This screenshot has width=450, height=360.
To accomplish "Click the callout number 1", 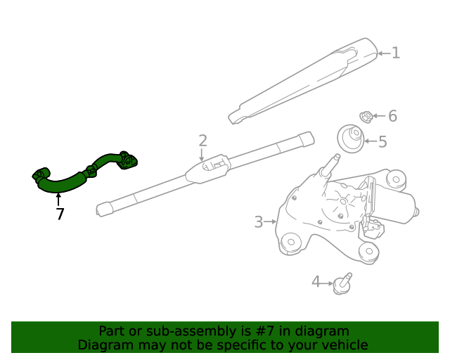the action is pos(396,53).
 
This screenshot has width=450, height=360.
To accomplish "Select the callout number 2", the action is pos(202,141).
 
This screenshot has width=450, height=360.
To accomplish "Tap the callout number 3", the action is pos(259,222).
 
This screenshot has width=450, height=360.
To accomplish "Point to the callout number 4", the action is pos(316,282).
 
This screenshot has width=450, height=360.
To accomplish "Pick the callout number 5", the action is pos(382,141).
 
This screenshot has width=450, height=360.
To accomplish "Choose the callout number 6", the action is pos(392,116).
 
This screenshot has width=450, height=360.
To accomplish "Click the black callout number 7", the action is pos(60,214).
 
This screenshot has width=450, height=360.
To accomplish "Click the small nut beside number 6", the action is pos(366,117).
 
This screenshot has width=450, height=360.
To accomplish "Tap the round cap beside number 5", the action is pos(351,139).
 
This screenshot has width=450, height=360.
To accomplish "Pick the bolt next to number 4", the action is pos(342,284).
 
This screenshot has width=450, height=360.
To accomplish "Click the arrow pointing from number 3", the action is pos(270,221).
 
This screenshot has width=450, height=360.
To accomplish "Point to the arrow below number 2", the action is pos(202,155).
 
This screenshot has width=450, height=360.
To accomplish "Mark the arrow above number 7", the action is pos(58,200).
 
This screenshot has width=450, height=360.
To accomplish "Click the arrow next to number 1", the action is pos(385,53).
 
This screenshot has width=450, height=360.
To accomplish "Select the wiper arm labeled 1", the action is pos(303,82).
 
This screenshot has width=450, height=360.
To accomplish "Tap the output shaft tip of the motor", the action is pos(337,157).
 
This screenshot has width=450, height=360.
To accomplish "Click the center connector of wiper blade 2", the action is pos(209,169).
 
